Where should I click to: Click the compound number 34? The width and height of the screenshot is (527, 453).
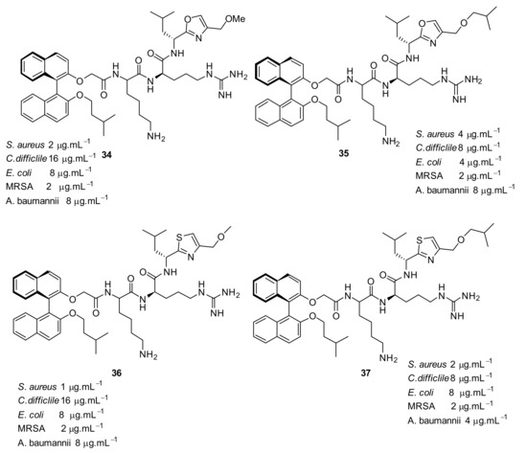pos(107,155)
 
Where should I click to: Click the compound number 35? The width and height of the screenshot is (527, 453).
pos(343,153)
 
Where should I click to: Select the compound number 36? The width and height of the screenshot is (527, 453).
pos(116,373)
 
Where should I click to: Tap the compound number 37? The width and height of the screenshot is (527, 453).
pos(365,373)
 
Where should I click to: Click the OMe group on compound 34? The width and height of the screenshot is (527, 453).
pos(235,19)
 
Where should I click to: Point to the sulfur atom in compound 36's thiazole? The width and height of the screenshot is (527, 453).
pos(179,238)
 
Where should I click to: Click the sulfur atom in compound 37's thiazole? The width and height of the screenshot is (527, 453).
pos(419,239)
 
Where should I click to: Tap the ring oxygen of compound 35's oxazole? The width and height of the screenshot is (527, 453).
pos(422,23)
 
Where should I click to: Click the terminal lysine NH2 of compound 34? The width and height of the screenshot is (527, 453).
pos(156,137)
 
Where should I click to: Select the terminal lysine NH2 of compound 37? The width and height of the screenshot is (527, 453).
pos(388,358)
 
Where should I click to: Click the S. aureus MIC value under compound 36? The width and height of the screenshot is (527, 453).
pos(81,386)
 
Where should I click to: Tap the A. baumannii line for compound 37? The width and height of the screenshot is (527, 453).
pos(457,420)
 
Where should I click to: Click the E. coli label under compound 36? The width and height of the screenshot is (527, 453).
pos(31,415)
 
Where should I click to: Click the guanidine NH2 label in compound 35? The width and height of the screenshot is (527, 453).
pos(473,80)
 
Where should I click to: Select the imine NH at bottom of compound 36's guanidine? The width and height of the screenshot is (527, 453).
pos(218,313)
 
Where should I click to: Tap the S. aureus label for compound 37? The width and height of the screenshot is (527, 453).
pos(427,364)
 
